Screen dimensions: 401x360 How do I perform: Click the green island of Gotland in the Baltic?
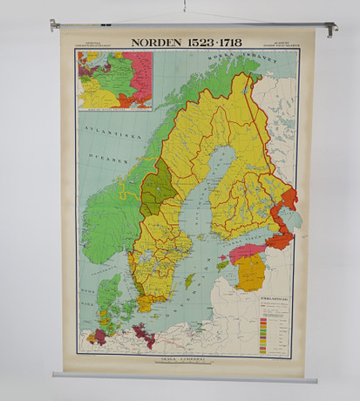coord(190,281)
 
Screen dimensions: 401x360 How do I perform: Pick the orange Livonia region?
coord(250,273)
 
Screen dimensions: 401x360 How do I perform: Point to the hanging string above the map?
coord(184,9)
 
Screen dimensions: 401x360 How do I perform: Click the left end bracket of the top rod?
coord(55,25)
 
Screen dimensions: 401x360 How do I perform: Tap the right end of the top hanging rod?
coord(332,28)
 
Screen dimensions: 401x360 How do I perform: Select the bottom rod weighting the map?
coord(183,377)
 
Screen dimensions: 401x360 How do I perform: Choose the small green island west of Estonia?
coord(221,262)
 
